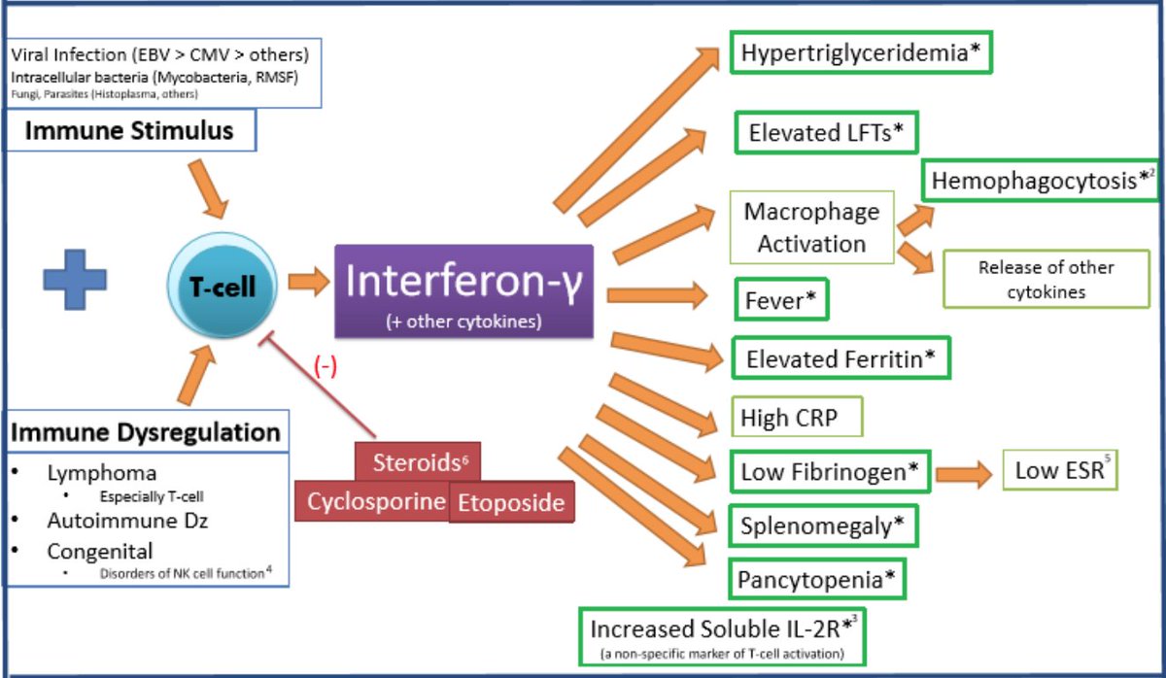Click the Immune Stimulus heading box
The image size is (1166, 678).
(129, 130)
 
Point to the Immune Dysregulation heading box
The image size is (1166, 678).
(146, 431)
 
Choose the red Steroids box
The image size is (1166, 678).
(417, 460)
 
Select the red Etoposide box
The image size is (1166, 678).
(511, 503)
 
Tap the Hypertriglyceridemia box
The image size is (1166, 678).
(861, 53)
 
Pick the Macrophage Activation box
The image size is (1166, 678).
(811, 227)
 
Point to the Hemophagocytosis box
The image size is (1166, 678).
(1039, 181)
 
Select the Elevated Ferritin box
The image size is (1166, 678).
(840, 359)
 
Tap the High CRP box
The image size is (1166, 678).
(796, 419)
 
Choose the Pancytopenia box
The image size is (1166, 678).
(817, 581)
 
